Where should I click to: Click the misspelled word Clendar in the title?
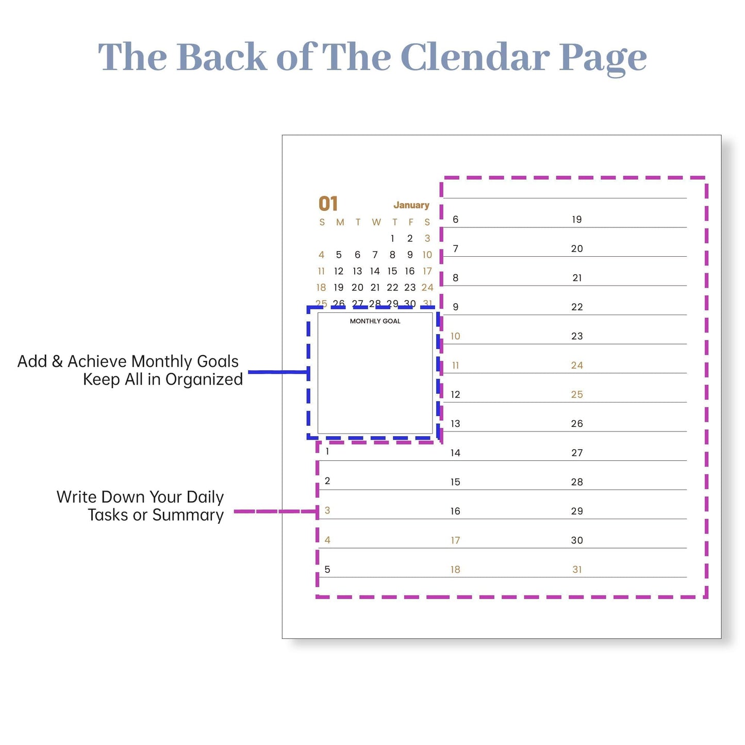point(475,57)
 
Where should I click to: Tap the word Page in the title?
point(603,59)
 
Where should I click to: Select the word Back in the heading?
point(222,57)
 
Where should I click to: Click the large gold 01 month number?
point(328,204)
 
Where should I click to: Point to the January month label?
point(411,205)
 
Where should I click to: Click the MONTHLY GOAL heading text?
point(375,321)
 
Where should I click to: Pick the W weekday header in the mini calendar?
point(376,222)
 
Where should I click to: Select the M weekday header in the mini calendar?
point(340,222)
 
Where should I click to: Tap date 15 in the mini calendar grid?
point(392,271)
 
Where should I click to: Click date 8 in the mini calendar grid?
point(392,255)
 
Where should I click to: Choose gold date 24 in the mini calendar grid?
point(427,287)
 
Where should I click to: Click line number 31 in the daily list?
point(577,570)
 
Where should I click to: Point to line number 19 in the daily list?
point(577,220)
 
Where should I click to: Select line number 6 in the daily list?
point(455,220)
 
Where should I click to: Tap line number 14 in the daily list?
point(455,453)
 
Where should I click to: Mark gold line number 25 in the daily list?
point(577,394)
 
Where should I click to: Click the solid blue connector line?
point(278,372)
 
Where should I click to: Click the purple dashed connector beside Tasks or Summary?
point(275,511)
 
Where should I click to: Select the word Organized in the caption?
point(204,379)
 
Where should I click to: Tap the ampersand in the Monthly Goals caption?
point(57,361)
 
